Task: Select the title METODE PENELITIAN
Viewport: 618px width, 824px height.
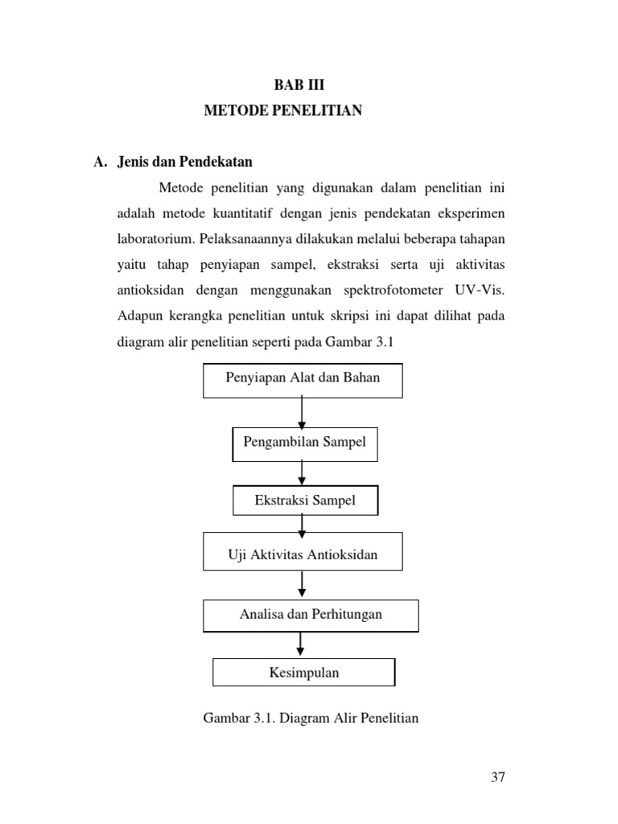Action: tap(282, 110)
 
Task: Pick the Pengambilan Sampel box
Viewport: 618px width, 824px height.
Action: tap(305, 443)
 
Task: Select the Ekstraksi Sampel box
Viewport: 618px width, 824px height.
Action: tap(305, 501)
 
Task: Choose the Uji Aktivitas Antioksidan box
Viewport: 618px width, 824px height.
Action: tap(303, 554)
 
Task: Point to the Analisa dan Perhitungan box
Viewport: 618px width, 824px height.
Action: tap(311, 616)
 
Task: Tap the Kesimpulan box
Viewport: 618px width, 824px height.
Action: tap(304, 672)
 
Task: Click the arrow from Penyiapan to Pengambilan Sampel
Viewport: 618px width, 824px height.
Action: tap(303, 413)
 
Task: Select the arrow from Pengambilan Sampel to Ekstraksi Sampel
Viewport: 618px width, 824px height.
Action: tap(303, 472)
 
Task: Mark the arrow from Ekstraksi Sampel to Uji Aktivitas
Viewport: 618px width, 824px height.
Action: tap(303, 524)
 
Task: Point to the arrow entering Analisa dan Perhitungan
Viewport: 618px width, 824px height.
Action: tap(303, 585)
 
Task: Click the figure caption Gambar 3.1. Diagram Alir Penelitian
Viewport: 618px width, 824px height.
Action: tap(311, 718)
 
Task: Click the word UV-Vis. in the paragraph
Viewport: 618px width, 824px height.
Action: tap(486, 290)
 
